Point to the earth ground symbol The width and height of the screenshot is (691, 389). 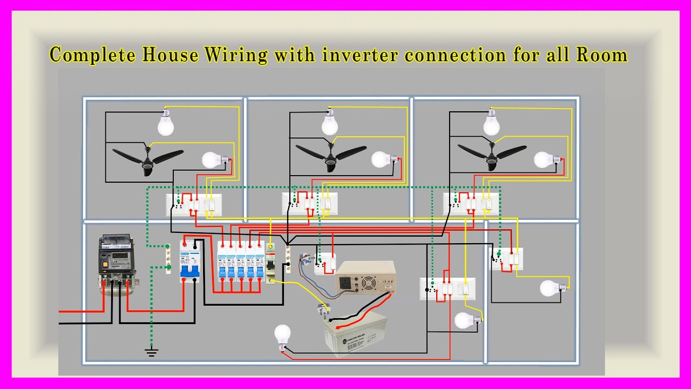pyautogui.click(x=152, y=352)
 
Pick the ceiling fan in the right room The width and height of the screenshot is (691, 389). pyautogui.click(x=491, y=157)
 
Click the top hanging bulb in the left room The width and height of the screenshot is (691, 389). pyautogui.click(x=166, y=123)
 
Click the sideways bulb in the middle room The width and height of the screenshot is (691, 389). pyautogui.click(x=383, y=159)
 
